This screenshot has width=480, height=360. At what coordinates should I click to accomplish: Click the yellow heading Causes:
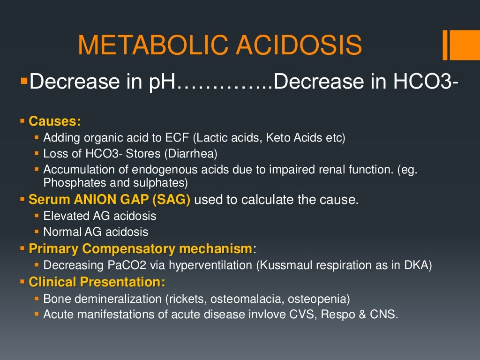pos(55,121)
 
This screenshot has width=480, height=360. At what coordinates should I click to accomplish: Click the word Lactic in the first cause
pos(212,138)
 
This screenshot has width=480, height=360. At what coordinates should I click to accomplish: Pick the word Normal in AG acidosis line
pos(60,232)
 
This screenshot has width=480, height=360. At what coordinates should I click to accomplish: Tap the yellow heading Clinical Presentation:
pos(97,282)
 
